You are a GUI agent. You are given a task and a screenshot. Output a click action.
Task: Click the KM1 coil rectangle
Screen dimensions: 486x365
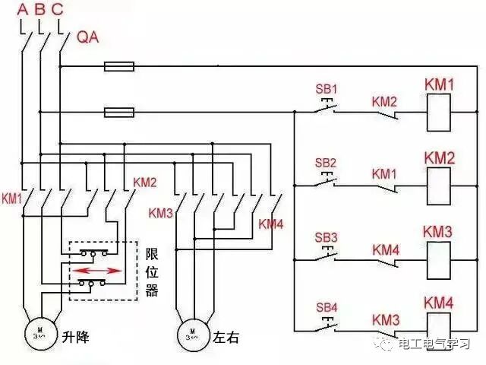pos(439,113)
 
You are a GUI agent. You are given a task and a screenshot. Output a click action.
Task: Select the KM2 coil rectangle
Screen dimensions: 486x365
pos(439,186)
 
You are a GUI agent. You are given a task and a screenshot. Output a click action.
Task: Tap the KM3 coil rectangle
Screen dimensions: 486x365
pos(439,260)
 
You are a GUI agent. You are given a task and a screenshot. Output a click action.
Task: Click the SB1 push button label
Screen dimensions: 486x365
pos(326,90)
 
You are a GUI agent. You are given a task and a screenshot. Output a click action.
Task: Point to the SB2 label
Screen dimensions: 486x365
pos(326,163)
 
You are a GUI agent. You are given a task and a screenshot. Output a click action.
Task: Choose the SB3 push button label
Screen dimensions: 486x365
pos(326,238)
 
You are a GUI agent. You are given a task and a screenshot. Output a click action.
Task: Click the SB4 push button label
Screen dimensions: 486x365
pos(327,307)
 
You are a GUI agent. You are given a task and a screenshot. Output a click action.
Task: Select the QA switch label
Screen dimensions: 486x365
pos(88,37)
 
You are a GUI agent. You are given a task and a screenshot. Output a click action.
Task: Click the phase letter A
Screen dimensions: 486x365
pos(23,10)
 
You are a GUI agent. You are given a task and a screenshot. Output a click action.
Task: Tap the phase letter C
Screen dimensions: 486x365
pos(58,10)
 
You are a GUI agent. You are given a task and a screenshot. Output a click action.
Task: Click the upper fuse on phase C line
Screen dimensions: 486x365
pos(119,66)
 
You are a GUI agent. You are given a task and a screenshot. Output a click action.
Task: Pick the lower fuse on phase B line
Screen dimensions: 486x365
pos(119,113)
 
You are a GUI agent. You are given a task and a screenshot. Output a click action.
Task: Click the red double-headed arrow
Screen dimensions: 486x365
pos(97,271)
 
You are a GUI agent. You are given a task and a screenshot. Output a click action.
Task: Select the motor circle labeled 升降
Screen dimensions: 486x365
pos(42,335)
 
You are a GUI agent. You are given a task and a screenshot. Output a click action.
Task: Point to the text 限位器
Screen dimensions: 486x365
pos(152,272)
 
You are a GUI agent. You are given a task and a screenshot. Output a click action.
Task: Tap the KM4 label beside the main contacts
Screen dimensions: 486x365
pos(271,224)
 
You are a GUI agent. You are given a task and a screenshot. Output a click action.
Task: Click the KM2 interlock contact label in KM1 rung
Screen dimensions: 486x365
pos(384,102)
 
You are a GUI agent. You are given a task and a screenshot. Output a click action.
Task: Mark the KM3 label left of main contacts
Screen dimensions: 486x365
pos(160,213)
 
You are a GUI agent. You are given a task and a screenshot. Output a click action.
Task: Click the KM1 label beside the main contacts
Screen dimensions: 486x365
pos(12,198)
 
